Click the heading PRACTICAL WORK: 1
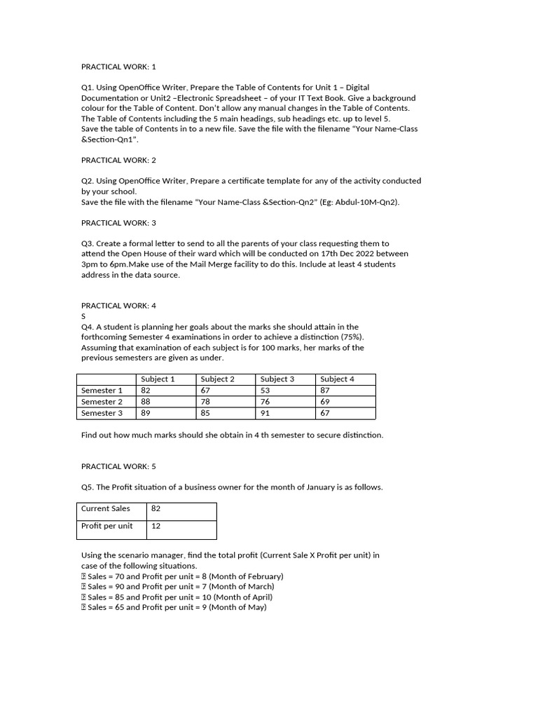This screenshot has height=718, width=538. coord(119,67)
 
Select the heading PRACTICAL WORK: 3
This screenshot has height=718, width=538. coord(119,222)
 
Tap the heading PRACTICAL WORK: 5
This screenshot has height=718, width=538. coord(119,466)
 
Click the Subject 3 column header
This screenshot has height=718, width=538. coord(277,379)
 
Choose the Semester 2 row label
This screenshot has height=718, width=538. coord(102,402)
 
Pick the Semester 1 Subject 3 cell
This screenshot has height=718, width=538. coord(265,391)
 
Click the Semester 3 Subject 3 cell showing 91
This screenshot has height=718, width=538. coord(265,413)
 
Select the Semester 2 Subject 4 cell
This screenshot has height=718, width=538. coord(326,402)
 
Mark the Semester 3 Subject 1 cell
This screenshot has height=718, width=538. coord(146,413)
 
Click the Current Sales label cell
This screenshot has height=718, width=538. coord(106,509)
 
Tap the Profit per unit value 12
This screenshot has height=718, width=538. coord(156,526)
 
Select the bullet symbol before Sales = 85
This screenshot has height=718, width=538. coord(84,597)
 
